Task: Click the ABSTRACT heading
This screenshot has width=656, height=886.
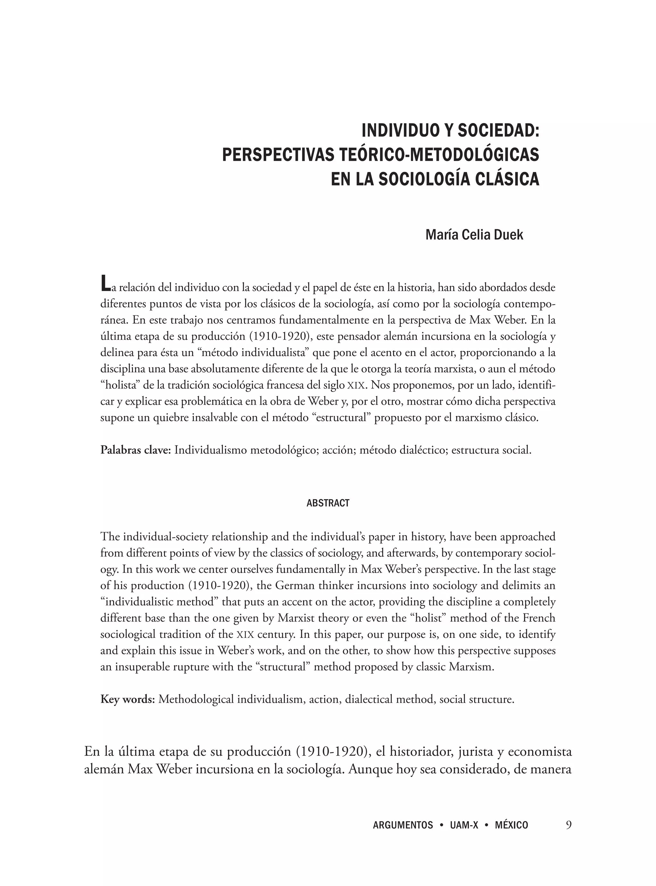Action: point(328,503)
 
